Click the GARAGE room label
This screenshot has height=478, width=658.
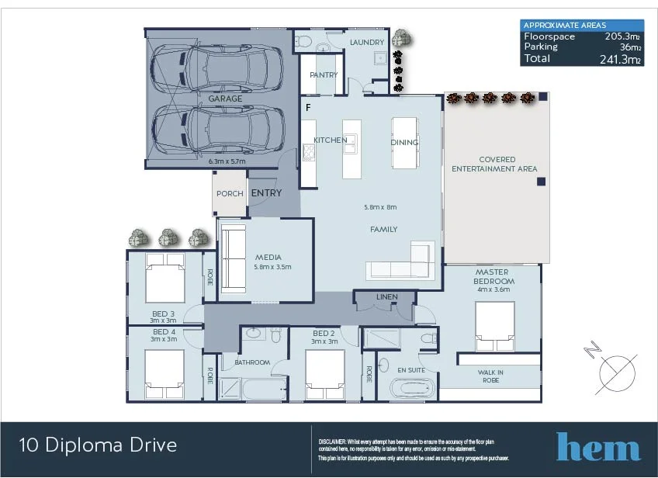(225, 99)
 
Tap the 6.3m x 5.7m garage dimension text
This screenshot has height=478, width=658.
(227, 161)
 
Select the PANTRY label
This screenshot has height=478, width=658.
(324, 75)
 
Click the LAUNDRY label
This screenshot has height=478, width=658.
(366, 43)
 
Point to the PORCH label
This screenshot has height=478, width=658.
(230, 194)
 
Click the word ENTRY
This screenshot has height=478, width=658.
(265, 193)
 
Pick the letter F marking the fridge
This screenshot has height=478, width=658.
(308, 107)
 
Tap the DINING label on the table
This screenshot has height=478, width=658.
(404, 142)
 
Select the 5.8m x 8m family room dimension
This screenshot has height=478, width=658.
(380, 207)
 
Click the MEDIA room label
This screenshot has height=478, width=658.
(267, 257)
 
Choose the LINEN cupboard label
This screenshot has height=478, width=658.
(386, 297)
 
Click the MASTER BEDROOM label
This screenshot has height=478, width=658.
(492, 275)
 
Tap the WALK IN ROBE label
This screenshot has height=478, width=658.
(490, 376)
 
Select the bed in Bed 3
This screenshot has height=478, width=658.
(164, 279)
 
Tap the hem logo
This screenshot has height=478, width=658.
(597, 447)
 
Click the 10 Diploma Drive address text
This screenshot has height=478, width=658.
(98, 445)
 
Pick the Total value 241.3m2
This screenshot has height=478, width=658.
(620, 59)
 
